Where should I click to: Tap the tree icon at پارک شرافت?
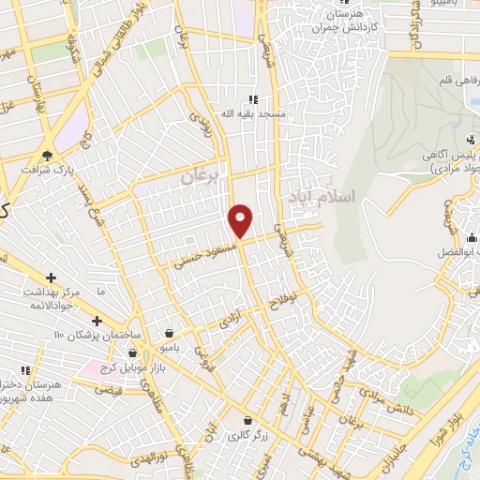click(48, 155)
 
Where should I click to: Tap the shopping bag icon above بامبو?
click(168, 333)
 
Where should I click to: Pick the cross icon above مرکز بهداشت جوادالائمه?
click(51, 277)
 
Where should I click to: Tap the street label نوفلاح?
click(282, 302)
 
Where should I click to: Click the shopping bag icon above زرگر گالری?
click(247, 421)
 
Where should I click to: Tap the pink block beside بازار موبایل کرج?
click(93, 367)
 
